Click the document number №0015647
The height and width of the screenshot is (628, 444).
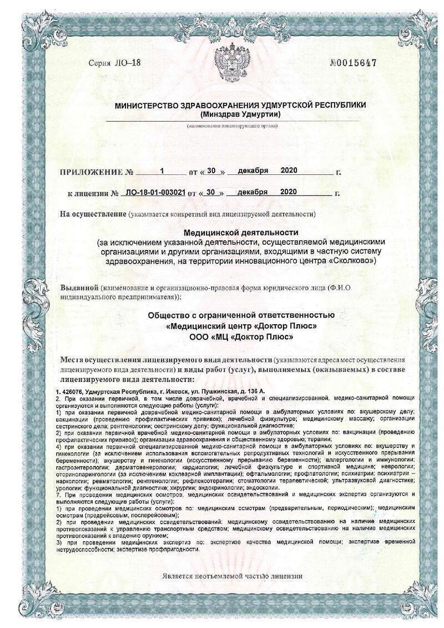pos(353,63)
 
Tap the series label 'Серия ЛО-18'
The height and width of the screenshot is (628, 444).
pos(115,63)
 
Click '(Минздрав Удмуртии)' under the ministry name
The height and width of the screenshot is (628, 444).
pos(240,114)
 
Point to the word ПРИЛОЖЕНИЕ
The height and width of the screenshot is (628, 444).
pos(92,172)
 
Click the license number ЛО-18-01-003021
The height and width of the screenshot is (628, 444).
pos(156,193)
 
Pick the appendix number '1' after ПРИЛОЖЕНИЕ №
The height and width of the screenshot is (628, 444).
pos(162,170)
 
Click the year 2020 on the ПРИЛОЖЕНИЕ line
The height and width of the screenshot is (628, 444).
pos(290,170)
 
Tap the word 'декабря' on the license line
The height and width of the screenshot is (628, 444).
pos(253,192)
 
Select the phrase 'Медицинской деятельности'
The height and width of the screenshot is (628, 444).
pos(240,232)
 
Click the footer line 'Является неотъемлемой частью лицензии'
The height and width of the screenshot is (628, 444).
pos(233,576)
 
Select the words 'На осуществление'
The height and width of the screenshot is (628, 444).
pos(92,214)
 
